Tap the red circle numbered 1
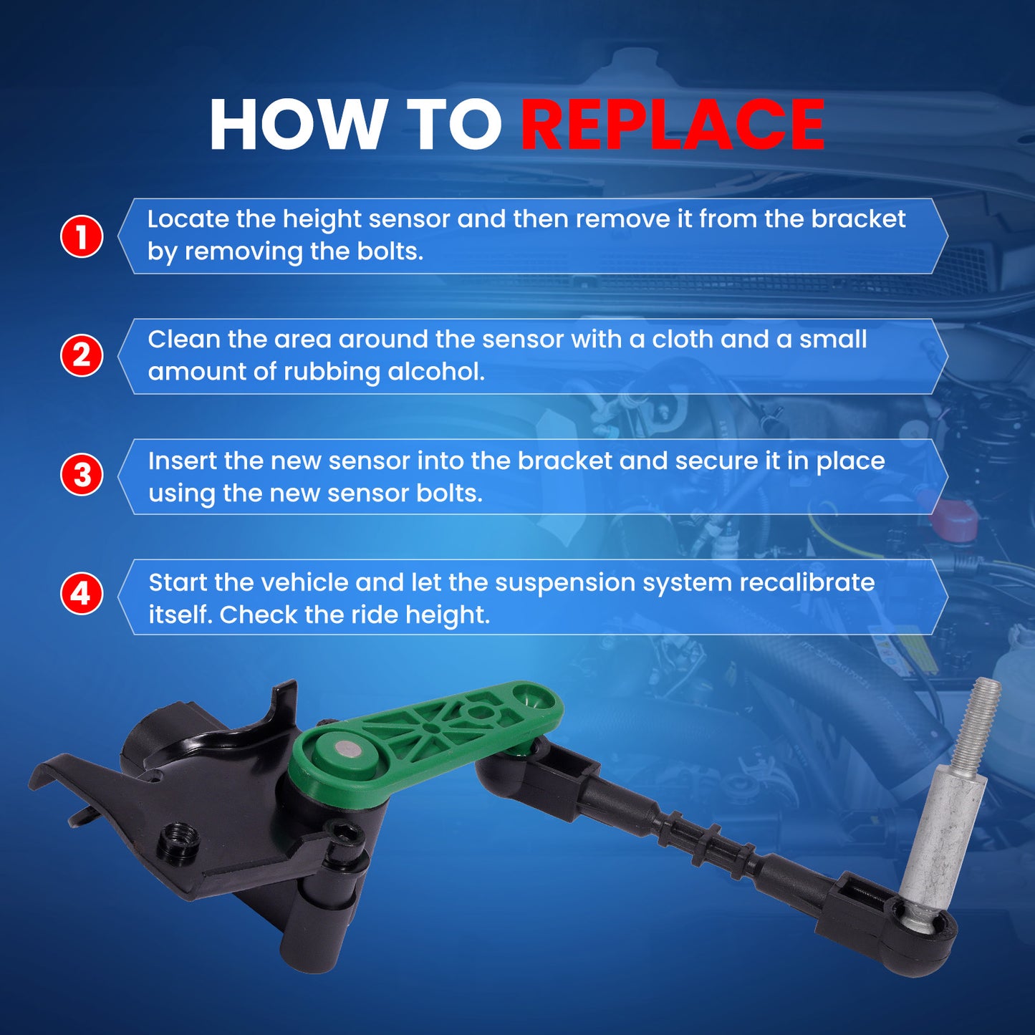[82, 236]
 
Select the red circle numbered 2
[82, 355]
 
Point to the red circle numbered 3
[82, 476]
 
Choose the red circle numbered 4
[82, 594]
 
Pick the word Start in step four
[178, 583]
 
